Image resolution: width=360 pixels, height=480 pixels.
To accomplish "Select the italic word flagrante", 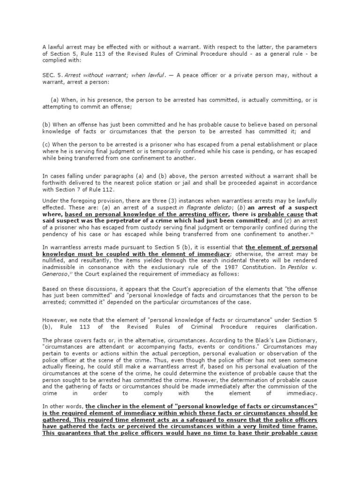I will tap(205, 207).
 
